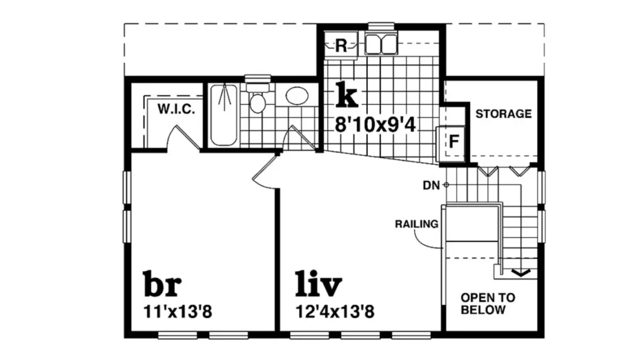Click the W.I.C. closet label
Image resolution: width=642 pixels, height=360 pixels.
pos(176,109)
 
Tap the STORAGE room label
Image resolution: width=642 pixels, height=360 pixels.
pos(503,114)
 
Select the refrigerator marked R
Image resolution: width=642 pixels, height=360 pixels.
pos(340,45)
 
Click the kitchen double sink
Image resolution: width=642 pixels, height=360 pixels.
pos(381,45)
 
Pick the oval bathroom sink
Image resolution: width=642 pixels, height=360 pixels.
pos(297,96)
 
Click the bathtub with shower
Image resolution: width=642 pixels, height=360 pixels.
pos(224,115)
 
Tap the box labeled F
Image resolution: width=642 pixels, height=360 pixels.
pos(452,142)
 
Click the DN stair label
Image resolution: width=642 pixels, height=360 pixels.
pos(431,186)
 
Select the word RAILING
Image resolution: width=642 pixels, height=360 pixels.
pos(416,224)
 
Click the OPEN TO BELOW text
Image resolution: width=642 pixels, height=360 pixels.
pos(488,304)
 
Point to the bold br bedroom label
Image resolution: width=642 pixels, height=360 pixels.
pos(162,283)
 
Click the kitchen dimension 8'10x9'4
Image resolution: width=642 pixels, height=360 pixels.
pos(375,125)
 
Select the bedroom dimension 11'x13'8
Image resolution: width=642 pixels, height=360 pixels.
pos(177,312)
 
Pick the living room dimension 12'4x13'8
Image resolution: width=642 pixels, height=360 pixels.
pos(335,312)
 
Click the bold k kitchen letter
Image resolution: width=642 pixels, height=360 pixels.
pos(346,95)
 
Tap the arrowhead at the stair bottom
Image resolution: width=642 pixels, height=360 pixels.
pos(520,273)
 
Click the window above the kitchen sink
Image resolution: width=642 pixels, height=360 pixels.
pos(381,26)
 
